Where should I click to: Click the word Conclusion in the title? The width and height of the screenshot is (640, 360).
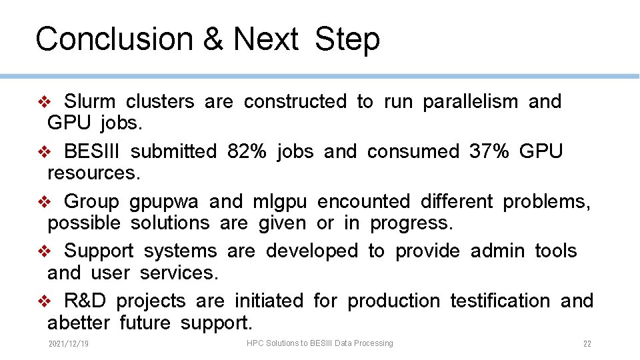click(x=113, y=39)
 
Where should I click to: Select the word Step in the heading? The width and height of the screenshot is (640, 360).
click(x=347, y=39)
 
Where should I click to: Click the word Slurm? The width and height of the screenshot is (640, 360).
click(x=89, y=102)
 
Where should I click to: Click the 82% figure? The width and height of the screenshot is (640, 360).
click(x=247, y=152)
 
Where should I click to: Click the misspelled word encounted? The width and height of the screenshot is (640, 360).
click(x=358, y=201)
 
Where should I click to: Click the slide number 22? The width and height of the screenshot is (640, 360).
click(x=587, y=344)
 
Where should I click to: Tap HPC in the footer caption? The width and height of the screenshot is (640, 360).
click(x=255, y=343)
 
